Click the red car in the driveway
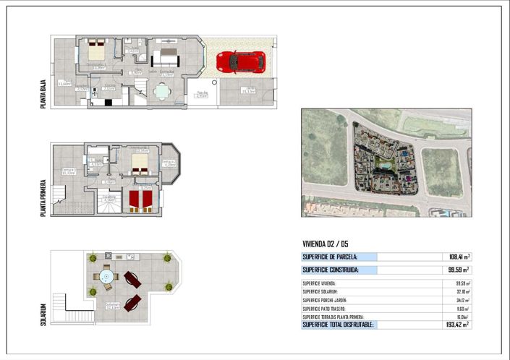click(240, 61)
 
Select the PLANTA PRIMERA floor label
click(44, 197)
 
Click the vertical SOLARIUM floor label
click(44, 314)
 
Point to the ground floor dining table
click(162, 90)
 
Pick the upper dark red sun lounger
click(132, 278)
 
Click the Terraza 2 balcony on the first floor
click(170, 164)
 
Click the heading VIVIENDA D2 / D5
click(330, 244)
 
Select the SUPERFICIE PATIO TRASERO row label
click(327, 309)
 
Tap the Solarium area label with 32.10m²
click(111, 307)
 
